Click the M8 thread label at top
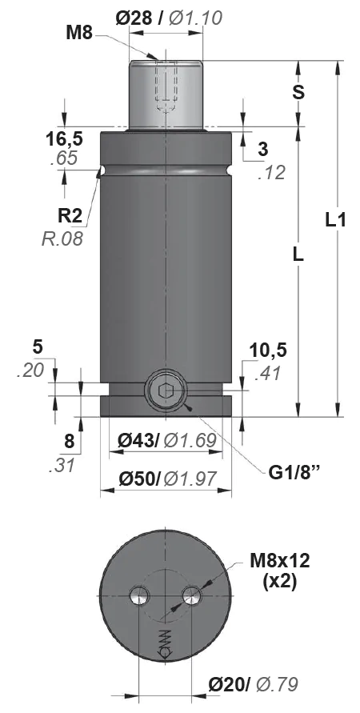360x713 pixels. [x=80, y=33]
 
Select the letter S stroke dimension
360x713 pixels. [x=298, y=92]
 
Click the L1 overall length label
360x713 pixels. [x=336, y=221]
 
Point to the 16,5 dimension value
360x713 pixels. [x=64, y=139]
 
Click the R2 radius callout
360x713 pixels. [x=71, y=216]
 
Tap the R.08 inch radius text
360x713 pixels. [x=62, y=238]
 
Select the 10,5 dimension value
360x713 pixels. [x=268, y=350]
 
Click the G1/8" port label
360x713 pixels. [x=294, y=472]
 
